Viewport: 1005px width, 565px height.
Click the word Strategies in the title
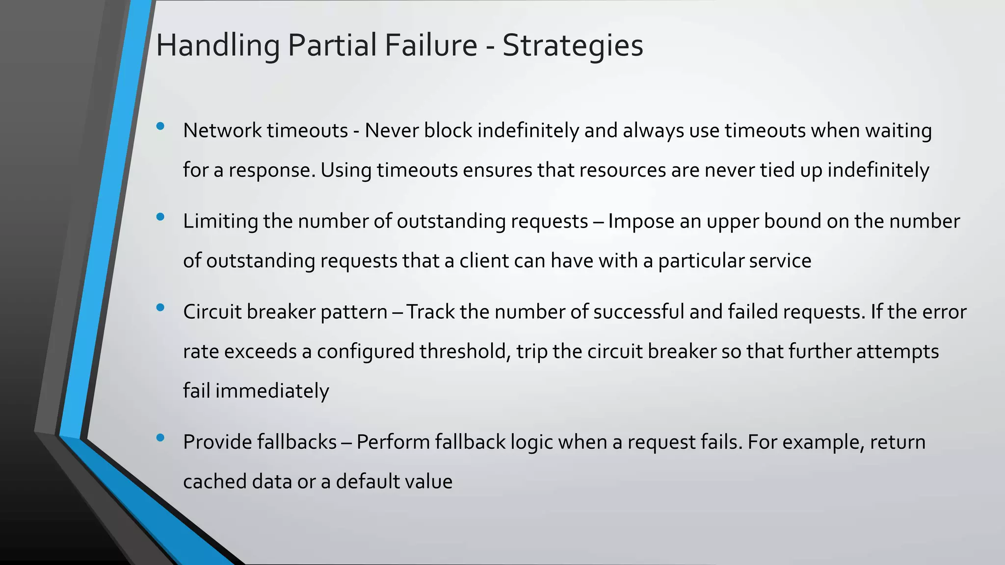[572, 46]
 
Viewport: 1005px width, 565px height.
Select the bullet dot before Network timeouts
[160, 127]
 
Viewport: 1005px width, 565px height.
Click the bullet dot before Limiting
[160, 217]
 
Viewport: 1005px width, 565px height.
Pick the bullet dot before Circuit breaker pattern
[160, 308]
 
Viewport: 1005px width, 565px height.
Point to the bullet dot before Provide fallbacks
[160, 437]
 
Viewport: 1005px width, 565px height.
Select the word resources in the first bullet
[622, 170]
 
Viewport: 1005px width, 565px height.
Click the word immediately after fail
[272, 391]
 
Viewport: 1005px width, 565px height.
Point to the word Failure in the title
[430, 46]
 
